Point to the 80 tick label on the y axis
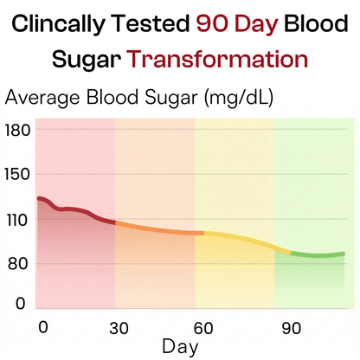[x=19, y=264]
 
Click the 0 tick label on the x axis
[x=43, y=326]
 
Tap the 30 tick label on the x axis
[x=119, y=328]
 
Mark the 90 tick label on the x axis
[x=290, y=328]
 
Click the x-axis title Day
[x=180, y=347]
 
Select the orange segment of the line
[x=156, y=229]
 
